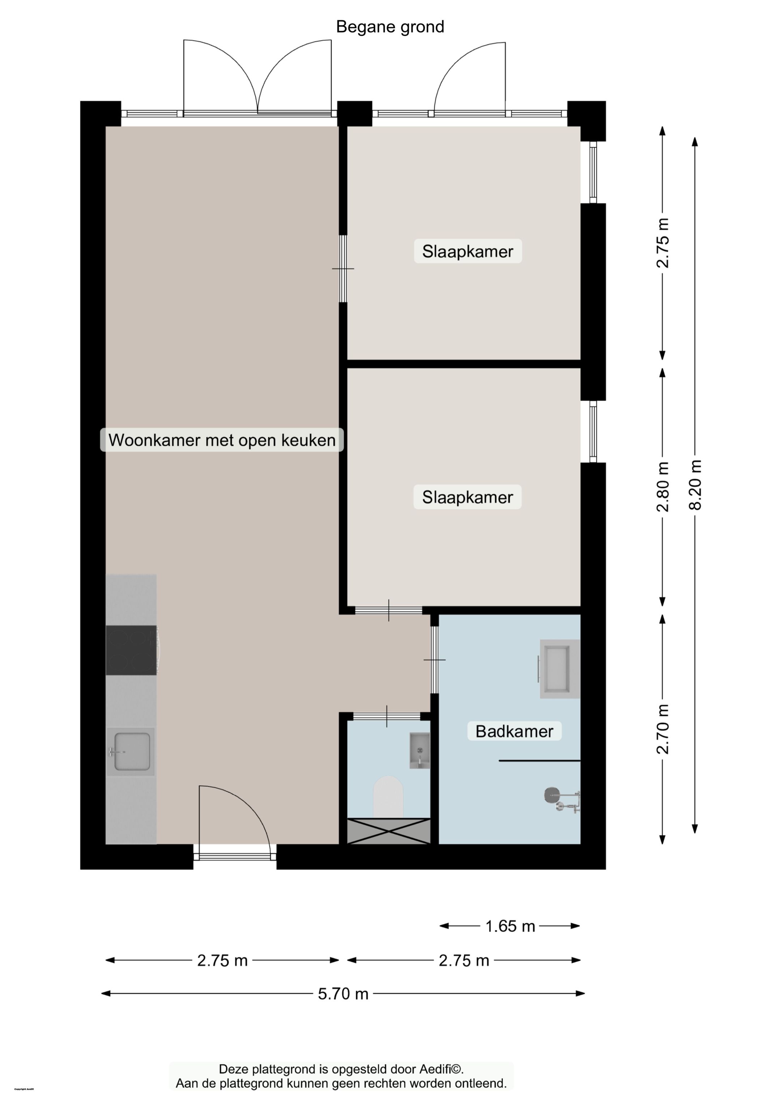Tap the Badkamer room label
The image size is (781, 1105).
[514, 731]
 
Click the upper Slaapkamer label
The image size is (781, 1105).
[468, 251]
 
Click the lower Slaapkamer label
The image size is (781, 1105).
[468, 497]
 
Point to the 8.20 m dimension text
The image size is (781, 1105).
[695, 485]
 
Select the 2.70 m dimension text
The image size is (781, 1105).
[663, 729]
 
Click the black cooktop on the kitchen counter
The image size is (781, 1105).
[131, 650]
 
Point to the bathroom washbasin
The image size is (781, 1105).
[559, 669]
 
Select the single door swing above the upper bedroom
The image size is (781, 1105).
[469, 77]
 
